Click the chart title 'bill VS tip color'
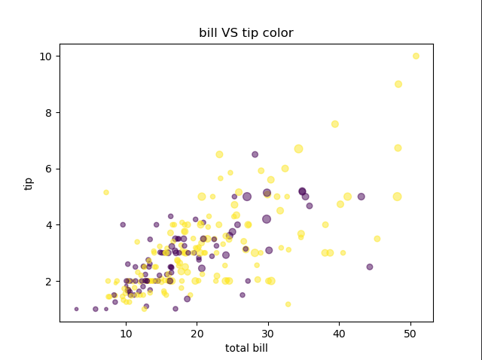click(x=246, y=33)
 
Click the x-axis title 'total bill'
click(x=246, y=348)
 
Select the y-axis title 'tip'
click(x=29, y=183)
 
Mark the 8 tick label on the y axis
click(x=47, y=113)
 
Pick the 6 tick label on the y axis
click(x=47, y=169)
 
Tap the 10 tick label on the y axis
click(x=44, y=56)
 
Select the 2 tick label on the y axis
click(x=47, y=282)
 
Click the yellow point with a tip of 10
click(x=416, y=56)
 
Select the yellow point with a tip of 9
click(x=398, y=84)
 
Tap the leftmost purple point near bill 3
click(x=76, y=309)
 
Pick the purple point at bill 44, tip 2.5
click(x=370, y=267)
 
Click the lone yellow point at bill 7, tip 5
click(x=106, y=192)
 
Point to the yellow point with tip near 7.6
click(x=335, y=124)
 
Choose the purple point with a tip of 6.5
click(x=255, y=154)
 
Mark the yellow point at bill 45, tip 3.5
click(x=377, y=239)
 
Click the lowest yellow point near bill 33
click(x=288, y=304)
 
